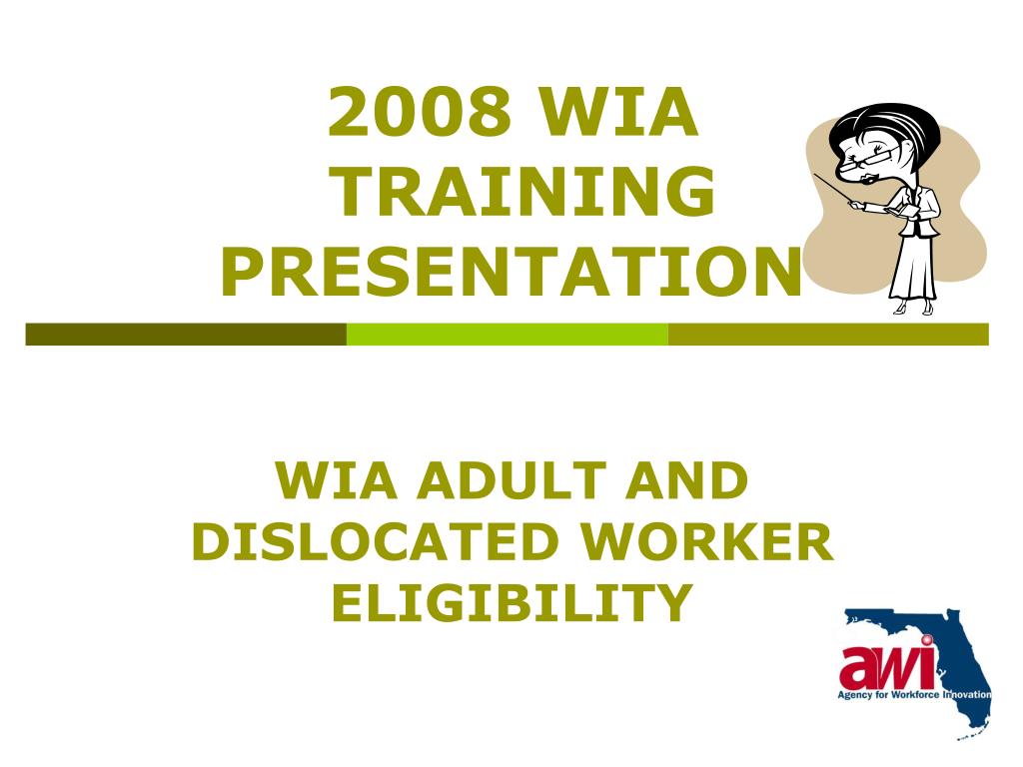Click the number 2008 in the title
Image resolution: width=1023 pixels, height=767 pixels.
pos(419,112)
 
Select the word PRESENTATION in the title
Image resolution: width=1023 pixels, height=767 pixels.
pos(511,272)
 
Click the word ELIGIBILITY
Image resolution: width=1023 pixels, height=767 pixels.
pos(511,602)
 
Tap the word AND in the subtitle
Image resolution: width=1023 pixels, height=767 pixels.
pos(686,480)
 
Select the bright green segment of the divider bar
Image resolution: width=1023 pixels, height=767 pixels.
pos(507,334)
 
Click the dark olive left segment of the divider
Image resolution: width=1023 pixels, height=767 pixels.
pos(186,334)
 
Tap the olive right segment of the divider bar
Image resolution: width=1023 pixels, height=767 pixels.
pos(828,334)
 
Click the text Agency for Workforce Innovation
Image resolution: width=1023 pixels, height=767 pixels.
pos(914,695)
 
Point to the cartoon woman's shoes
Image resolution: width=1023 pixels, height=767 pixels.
pos(914,308)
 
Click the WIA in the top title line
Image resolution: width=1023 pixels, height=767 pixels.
pos(618,112)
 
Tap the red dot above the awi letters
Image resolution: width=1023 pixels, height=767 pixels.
pos(926,640)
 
